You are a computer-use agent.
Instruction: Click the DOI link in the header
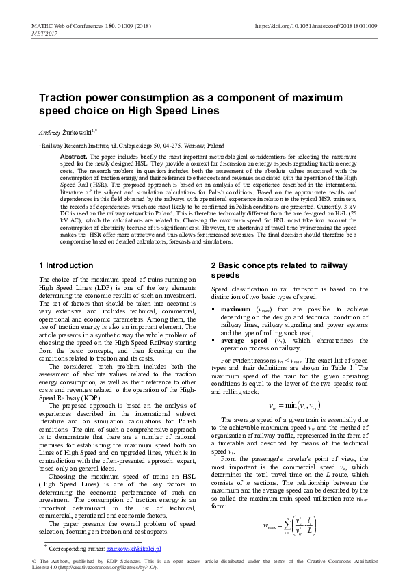[x=316, y=25]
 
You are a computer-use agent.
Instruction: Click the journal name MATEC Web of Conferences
[x=66, y=25]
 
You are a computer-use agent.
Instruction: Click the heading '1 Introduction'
[x=66, y=265]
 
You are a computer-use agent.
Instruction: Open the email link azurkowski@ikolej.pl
[x=133, y=549]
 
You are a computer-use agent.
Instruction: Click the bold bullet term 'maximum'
[x=235, y=309]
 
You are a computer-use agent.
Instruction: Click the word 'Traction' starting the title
[x=61, y=98]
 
